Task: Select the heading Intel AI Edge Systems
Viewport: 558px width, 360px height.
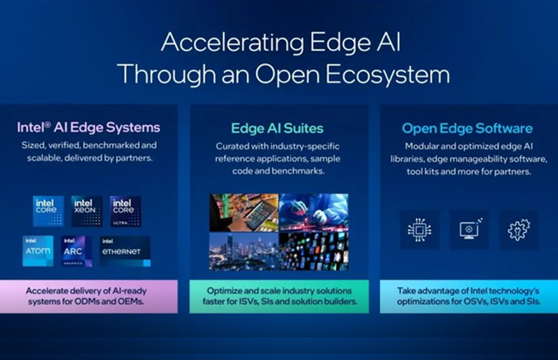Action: click(x=89, y=128)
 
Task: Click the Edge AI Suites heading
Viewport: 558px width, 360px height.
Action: click(x=278, y=128)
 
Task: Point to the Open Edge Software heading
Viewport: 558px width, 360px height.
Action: click(x=467, y=128)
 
